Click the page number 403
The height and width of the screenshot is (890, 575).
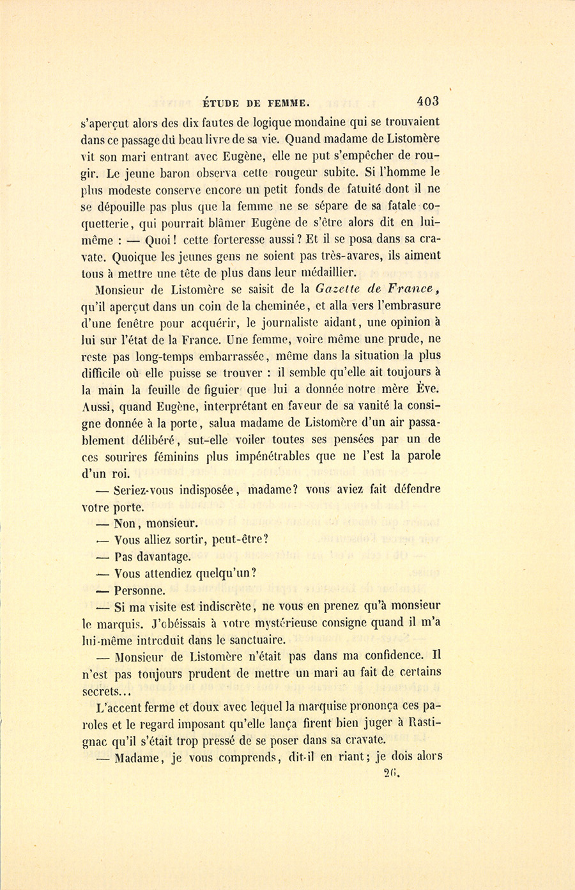pyautogui.click(x=427, y=100)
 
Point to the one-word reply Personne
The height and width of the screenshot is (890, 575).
pyautogui.click(x=140, y=590)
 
